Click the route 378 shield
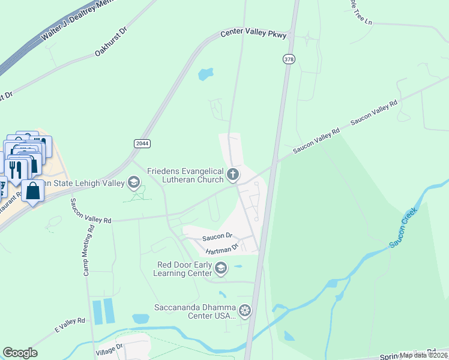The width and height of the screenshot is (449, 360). point(289,59)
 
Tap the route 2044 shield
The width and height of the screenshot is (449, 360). point(142,143)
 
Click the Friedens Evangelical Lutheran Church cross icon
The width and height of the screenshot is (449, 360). point(233,175)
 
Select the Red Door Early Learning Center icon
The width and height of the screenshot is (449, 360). point(221,268)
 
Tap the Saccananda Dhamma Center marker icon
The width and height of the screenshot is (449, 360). point(245,311)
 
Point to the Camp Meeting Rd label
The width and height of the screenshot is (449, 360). point(88,250)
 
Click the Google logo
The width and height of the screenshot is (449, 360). point(20,353)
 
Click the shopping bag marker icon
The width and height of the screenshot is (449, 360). point(34,191)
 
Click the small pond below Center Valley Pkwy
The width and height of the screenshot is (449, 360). point(205,74)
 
